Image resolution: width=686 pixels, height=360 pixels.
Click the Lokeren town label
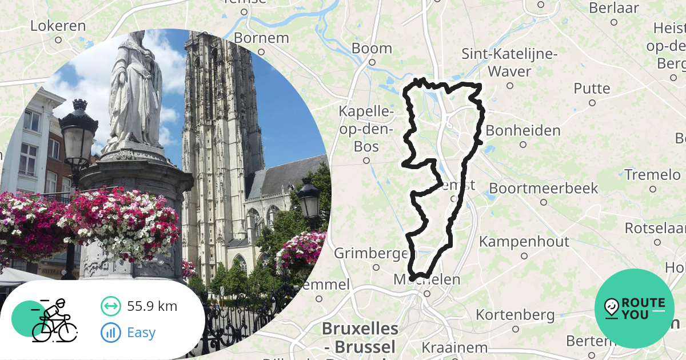(x=58, y=26)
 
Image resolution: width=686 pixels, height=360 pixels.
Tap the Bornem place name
(x=262, y=38)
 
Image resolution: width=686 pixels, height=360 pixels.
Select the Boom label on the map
(x=372, y=48)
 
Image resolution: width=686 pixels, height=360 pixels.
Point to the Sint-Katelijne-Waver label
(x=509, y=63)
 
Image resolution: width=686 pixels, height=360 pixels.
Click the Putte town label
(x=592, y=89)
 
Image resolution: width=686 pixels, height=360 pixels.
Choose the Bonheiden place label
(x=523, y=130)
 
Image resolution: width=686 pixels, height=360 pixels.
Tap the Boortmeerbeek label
(x=543, y=188)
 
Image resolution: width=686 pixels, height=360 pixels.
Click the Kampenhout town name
(x=524, y=241)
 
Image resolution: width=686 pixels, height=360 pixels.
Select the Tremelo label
(x=652, y=174)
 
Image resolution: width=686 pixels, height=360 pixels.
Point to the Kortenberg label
(x=514, y=315)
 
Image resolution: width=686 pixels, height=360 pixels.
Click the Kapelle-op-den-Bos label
(x=366, y=129)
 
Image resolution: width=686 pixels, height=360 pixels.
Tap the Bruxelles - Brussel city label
(x=360, y=337)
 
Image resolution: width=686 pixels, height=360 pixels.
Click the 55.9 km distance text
(x=152, y=306)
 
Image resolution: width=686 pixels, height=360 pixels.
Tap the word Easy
(x=141, y=333)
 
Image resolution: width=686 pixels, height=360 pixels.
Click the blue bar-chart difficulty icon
(x=110, y=333)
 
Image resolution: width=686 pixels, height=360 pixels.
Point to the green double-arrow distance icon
(x=110, y=306)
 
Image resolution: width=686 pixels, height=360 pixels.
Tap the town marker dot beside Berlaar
(x=614, y=22)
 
